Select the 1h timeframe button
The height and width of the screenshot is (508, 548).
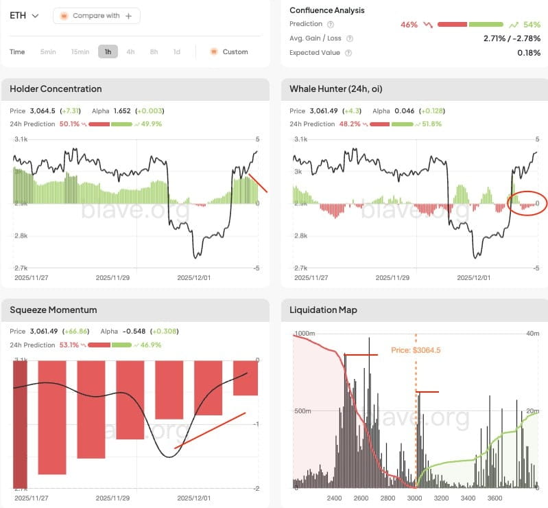[108, 51]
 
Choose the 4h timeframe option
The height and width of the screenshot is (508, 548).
[130, 51]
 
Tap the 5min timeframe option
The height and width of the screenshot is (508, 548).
[48, 51]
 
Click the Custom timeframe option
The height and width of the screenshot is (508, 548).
[229, 51]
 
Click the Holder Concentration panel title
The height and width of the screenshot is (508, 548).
[56, 89]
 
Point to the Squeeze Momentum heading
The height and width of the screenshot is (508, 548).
[53, 310]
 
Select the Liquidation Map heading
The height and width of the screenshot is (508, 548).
[323, 310]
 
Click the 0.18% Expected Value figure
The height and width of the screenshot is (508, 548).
[529, 53]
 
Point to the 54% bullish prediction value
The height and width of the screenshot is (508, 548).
[532, 24]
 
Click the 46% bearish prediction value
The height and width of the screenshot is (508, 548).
[409, 24]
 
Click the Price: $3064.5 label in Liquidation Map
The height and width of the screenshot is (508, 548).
[416, 349]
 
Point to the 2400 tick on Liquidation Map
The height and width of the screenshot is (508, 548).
[335, 498]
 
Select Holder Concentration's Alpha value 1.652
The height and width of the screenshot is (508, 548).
[121, 111]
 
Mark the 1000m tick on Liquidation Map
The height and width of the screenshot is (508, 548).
[305, 334]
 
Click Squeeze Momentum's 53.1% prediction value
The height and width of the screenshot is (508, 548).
[70, 345]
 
